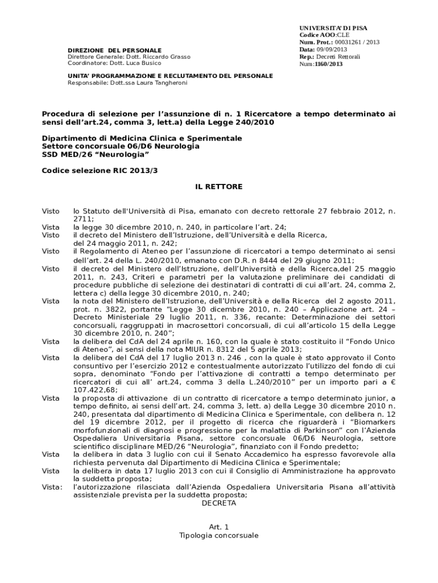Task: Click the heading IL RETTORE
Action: click(x=218, y=187)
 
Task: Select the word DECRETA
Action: click(x=219, y=503)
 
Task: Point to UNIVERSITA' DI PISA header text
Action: click(x=333, y=28)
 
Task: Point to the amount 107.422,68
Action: click(x=95, y=390)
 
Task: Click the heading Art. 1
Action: click(x=218, y=527)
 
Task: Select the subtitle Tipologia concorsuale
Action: click(x=218, y=536)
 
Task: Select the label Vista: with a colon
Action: click(x=52, y=487)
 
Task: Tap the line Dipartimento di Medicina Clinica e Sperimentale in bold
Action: click(x=142, y=138)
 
